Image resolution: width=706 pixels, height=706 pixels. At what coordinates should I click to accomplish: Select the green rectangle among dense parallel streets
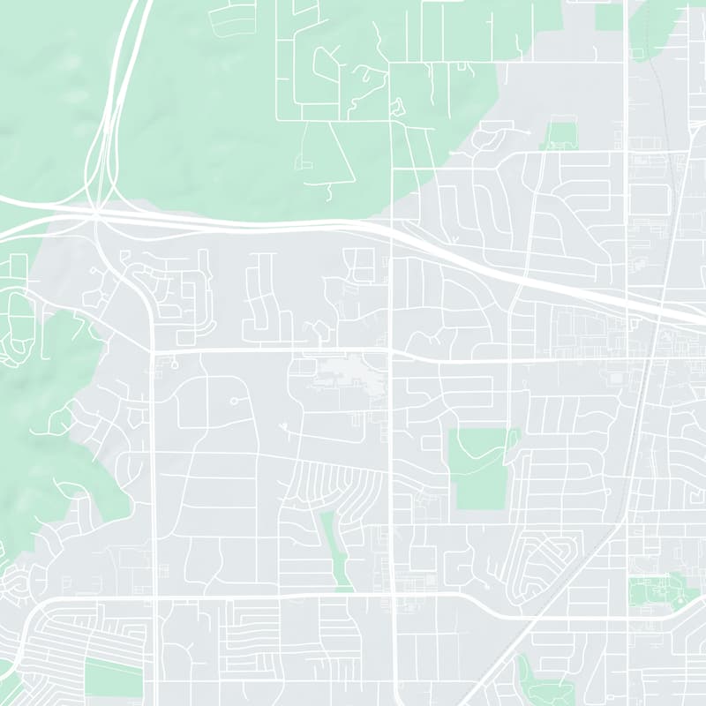click(113, 678)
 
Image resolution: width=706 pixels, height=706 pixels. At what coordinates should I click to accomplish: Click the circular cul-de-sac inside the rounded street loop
click(234, 402)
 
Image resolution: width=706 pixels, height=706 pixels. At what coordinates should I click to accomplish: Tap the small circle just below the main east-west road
click(174, 364)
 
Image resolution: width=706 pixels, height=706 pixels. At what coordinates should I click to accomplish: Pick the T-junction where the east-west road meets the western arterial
click(153, 351)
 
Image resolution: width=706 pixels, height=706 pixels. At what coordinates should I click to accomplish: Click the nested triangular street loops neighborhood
click(539, 565)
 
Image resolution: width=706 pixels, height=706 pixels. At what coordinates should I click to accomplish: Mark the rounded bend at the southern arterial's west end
click(40, 609)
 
